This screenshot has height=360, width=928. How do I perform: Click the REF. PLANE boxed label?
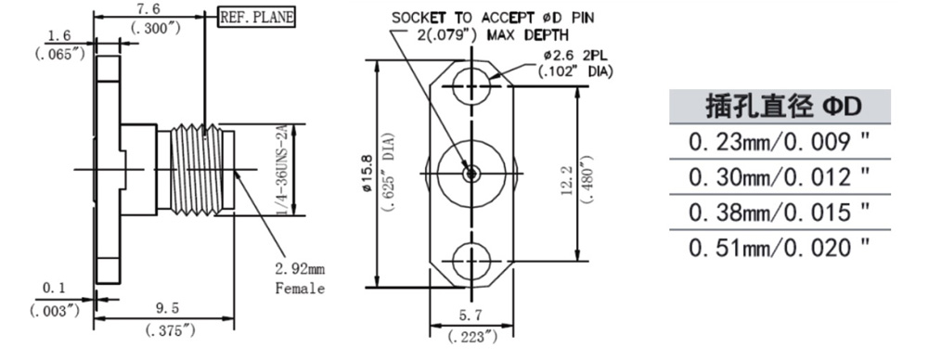pyautogui.click(x=257, y=18)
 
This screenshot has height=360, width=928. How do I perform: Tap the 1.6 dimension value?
pyautogui.click(x=58, y=37)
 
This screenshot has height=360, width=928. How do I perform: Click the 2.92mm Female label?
pyautogui.click(x=301, y=279)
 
